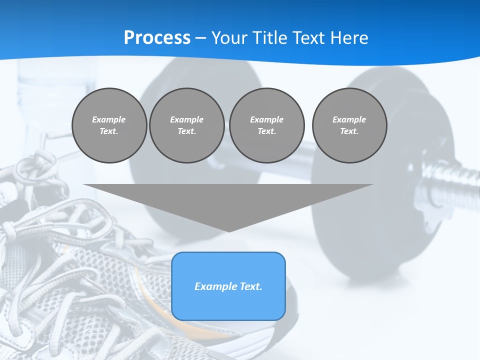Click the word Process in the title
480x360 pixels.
pyautogui.click(x=157, y=38)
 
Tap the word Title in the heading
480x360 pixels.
pyautogui.click(x=271, y=38)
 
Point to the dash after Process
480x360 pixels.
pyautogui.click(x=200, y=38)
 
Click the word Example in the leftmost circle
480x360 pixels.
pyautogui.click(x=109, y=119)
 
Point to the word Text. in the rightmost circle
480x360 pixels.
pyautogui.click(x=349, y=131)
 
